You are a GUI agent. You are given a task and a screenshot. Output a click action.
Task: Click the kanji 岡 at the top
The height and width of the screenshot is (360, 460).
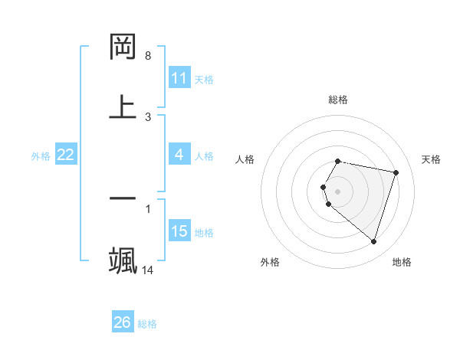tap(123, 47)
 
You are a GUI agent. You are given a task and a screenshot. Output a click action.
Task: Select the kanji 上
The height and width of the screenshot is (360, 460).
tap(123, 107)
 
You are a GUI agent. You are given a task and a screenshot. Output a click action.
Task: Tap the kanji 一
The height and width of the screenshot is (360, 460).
tap(123, 198)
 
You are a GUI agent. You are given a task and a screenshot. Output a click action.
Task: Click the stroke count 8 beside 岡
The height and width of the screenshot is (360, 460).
tap(148, 56)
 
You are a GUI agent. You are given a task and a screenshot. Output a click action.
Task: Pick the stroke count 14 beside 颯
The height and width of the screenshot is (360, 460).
tap(148, 270)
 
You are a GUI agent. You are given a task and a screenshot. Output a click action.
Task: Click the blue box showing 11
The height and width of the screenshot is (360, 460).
tap(179, 78)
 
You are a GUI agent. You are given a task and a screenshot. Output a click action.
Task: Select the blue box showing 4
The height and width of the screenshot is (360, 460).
tap(179, 155)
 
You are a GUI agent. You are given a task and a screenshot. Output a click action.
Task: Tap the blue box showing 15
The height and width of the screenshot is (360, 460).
tap(179, 231)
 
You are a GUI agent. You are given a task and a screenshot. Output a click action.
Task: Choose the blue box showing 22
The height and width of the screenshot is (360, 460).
tap(66, 155)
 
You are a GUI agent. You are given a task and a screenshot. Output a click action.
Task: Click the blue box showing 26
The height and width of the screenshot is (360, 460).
tap(123, 322)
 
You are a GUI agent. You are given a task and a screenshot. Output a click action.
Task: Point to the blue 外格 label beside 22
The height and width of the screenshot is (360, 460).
tap(41, 155)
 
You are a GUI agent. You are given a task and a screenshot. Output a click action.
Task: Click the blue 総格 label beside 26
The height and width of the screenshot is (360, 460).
tap(147, 323)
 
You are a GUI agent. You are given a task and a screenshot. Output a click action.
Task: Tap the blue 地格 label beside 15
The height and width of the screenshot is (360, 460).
tap(204, 232)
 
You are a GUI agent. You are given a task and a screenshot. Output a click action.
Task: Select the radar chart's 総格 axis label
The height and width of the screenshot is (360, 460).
tap(338, 100)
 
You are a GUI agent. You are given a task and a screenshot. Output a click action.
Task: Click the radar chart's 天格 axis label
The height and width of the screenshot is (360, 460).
tap(431, 159)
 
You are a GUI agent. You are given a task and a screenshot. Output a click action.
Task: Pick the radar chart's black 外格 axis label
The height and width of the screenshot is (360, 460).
tap(270, 262)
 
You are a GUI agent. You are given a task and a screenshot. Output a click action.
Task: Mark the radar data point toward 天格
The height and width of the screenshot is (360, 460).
tap(396, 172)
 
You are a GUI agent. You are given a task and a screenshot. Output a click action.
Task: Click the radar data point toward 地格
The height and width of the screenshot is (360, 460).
tap(373, 241)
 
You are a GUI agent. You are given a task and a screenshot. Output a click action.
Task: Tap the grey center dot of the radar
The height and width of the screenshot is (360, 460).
tap(338, 191)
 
